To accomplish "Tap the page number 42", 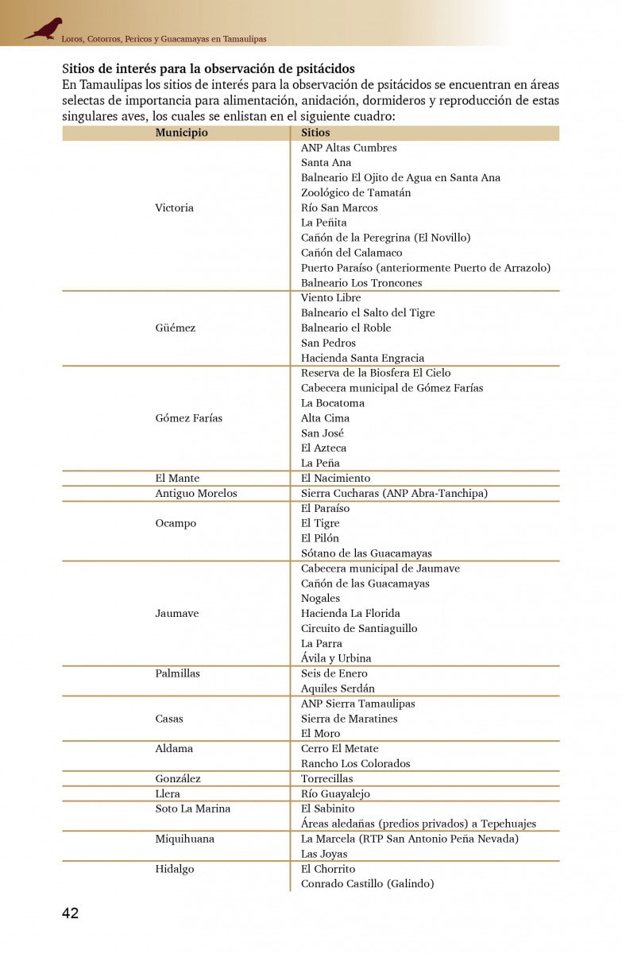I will pos(70,913).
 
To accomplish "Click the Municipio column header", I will pos(181,133).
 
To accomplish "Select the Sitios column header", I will pos(315,133).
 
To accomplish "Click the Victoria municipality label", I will pos(174,207).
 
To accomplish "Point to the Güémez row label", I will pos(175,328).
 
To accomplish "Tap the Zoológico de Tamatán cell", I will pos(356,192).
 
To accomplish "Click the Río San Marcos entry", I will pos(339,207).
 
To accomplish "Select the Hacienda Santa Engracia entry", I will pos(362,358).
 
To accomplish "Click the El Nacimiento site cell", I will pos(335,479).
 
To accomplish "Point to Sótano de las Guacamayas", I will pos(366,553).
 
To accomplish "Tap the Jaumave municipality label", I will pos(176,614).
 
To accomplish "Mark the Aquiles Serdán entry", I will pos(338,688).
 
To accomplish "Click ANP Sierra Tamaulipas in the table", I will pos(357,704).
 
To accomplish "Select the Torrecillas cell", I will pos(326,779).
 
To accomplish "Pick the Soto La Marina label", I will pos(192,809).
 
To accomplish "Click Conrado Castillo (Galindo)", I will pos(367,884).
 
